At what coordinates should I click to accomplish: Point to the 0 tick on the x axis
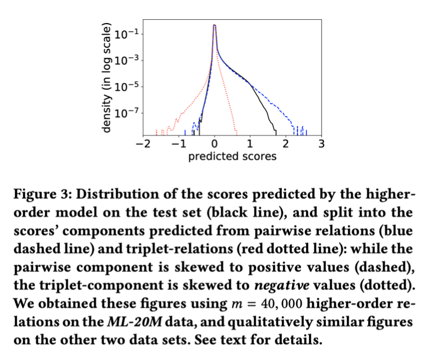click(215, 145)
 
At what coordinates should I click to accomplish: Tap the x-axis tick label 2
click(286, 145)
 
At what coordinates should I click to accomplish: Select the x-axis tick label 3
click(322, 145)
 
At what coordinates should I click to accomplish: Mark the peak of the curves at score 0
click(215, 25)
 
